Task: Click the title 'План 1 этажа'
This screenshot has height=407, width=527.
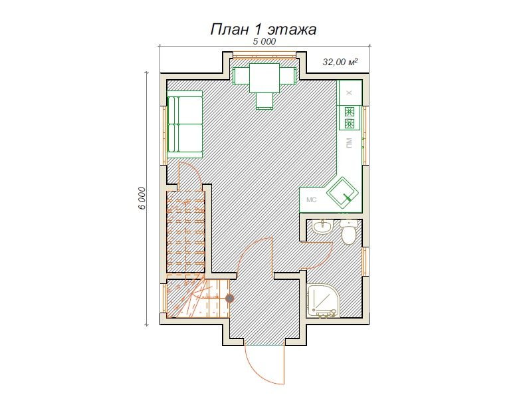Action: [x=263, y=30]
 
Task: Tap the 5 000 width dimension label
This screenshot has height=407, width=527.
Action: [x=264, y=41]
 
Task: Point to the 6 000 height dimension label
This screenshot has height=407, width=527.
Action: [x=142, y=198]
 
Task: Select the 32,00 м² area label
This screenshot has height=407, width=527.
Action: [x=340, y=63]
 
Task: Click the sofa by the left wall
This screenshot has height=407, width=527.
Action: [x=185, y=124]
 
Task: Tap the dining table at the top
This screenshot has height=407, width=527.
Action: [x=264, y=78]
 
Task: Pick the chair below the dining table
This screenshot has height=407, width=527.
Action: [x=264, y=101]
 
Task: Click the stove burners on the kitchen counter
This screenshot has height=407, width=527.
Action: [x=350, y=118]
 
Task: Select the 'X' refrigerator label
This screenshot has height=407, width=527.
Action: [x=349, y=93]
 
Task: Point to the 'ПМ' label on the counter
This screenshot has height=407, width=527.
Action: [x=350, y=143]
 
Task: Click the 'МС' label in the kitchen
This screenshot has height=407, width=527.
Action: [x=312, y=200]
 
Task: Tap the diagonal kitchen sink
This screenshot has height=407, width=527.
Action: [x=343, y=193]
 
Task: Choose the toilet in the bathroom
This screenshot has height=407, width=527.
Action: [x=348, y=232]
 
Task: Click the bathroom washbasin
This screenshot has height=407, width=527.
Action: [x=323, y=227]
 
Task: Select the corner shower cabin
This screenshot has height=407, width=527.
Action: [x=322, y=301]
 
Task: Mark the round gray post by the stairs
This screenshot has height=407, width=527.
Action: [x=229, y=298]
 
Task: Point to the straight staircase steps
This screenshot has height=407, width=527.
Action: [x=186, y=232]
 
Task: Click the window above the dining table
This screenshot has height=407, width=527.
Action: [x=264, y=55]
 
